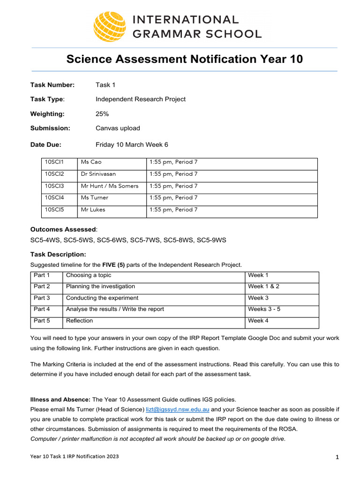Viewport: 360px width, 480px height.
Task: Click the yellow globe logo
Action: click(x=110, y=26)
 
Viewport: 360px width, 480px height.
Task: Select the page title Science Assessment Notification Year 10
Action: click(x=184, y=60)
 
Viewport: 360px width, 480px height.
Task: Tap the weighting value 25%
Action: click(x=102, y=114)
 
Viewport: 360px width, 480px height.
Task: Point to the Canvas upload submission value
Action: click(x=118, y=128)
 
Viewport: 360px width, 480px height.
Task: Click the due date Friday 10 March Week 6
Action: click(x=132, y=145)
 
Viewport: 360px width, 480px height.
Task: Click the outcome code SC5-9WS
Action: click(x=211, y=240)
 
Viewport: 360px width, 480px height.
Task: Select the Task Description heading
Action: click(x=58, y=254)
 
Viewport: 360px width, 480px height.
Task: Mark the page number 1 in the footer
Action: click(x=337, y=458)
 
